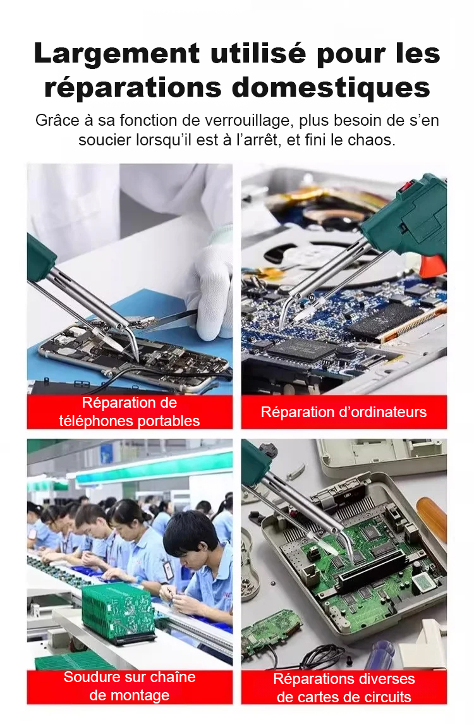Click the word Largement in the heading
(x=116, y=54)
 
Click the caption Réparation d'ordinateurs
(x=344, y=412)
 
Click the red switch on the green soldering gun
(x=407, y=186)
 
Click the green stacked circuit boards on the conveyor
(x=118, y=612)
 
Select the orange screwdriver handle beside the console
(x=432, y=519)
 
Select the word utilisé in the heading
(x=258, y=53)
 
